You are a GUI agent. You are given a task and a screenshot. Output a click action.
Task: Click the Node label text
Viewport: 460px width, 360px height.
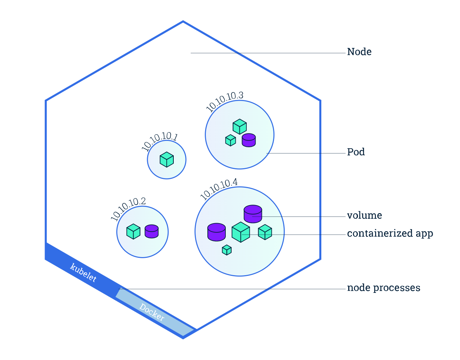[x=359, y=52]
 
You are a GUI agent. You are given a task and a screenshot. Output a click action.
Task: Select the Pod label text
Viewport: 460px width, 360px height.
[x=356, y=152]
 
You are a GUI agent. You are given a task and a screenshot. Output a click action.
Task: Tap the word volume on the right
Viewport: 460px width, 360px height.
[x=364, y=215]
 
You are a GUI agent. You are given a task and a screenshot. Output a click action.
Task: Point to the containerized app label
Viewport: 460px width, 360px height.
[x=390, y=233]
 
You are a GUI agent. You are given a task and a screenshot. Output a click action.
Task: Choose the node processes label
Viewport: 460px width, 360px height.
[x=383, y=288]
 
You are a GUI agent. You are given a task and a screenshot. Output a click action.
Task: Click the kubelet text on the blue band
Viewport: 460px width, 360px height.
[x=84, y=273]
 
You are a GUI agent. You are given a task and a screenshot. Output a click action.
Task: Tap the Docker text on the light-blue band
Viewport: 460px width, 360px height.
[x=152, y=312]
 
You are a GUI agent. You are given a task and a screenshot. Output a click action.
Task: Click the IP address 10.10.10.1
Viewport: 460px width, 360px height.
[x=159, y=142]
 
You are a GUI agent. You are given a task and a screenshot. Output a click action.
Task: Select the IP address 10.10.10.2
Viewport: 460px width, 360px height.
[x=128, y=208]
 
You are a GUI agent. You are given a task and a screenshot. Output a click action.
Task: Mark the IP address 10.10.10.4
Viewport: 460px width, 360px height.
[x=219, y=188]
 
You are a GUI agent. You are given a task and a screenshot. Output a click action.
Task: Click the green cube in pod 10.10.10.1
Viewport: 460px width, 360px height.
[x=167, y=160]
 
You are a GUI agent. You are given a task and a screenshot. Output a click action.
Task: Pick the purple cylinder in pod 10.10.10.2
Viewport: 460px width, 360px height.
[x=152, y=231]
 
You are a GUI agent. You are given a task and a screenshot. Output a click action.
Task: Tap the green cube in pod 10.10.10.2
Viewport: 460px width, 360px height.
[x=133, y=232]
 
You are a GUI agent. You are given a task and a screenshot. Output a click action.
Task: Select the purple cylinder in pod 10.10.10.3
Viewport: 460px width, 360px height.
[x=249, y=140]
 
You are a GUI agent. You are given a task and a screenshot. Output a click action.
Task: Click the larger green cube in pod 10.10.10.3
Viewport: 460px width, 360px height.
[x=240, y=127]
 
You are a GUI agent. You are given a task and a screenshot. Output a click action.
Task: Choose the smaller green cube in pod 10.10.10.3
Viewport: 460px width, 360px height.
[x=231, y=140]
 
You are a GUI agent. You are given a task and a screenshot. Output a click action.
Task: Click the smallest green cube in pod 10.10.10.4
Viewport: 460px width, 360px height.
[x=226, y=250]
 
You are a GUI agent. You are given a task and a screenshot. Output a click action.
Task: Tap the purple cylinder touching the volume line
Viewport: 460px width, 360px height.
[x=253, y=214]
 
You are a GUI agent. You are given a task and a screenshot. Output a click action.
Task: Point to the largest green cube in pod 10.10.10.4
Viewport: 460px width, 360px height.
[x=241, y=232]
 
